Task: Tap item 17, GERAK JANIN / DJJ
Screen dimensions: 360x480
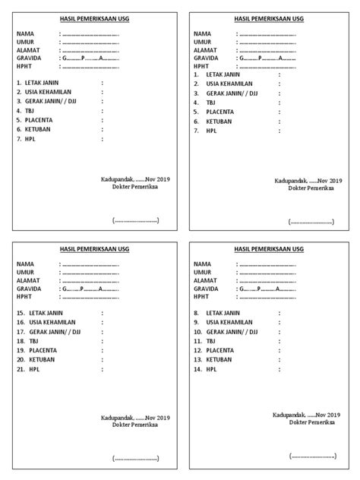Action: point(53,332)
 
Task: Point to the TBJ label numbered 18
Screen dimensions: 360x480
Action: point(32,342)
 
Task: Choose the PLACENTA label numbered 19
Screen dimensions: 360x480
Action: point(42,351)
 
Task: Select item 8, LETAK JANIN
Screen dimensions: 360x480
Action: point(223,313)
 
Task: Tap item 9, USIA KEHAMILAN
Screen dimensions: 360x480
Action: point(229,322)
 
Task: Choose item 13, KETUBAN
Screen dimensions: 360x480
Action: point(219,359)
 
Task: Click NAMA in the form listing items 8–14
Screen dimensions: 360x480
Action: point(203,264)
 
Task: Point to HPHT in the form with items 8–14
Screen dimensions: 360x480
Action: point(202,298)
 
